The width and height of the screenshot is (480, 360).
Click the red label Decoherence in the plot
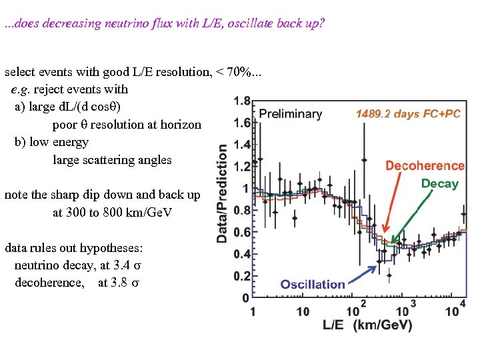(425, 165)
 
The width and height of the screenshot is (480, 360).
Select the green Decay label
(439, 183)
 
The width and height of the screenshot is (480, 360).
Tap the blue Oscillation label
(313, 284)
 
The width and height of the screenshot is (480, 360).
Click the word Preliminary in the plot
(290, 114)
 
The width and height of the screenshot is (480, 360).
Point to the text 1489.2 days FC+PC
(408, 114)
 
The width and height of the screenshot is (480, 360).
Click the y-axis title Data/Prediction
(223, 194)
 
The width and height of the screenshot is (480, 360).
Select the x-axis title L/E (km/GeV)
(367, 326)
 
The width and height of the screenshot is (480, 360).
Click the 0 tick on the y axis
(246, 297)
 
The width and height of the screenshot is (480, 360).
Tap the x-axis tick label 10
(303, 311)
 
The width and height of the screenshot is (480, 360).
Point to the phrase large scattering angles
(112, 160)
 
